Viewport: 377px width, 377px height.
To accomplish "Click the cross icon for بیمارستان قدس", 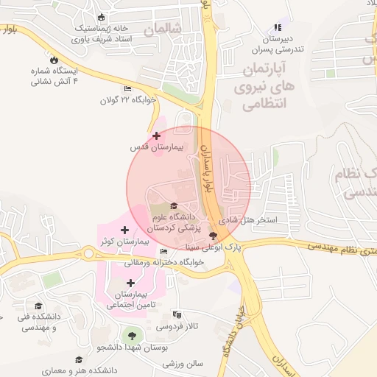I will pos(156,135).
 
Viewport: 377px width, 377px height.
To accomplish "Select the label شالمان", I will pos(163,30).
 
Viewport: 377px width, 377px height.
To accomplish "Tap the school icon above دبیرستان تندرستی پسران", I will pos(278,28).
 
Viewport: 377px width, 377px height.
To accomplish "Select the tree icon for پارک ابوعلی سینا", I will pos(214,236).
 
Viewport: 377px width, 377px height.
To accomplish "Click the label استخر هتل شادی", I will pos(250,219).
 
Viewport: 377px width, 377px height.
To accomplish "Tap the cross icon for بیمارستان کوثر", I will pos(124,230).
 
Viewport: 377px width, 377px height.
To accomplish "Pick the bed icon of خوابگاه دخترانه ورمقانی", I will pos(163,253).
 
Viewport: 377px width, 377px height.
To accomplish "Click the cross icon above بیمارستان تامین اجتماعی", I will pos(131,283).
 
